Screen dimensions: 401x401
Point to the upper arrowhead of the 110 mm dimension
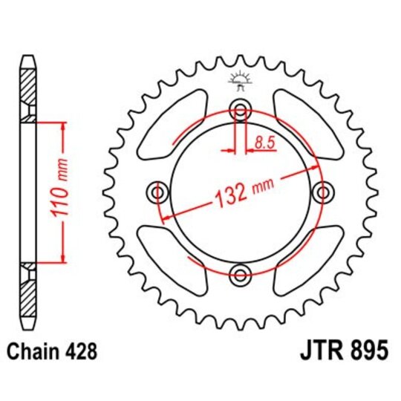point(63,125)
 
